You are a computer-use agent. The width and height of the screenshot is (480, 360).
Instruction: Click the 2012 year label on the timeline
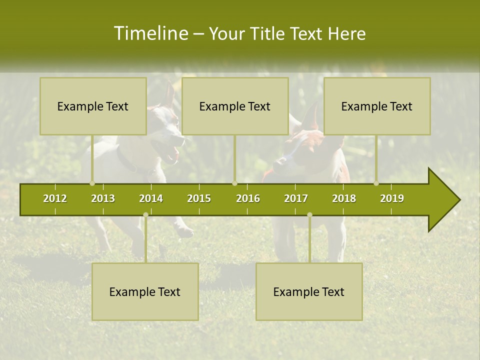click(55, 198)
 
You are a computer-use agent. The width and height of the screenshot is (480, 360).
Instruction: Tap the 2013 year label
click(103, 198)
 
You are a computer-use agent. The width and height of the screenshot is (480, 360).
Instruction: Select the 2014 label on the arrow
click(151, 198)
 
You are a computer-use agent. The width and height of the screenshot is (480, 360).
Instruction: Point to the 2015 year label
click(199, 198)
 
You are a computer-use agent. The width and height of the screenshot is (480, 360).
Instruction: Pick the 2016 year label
click(248, 198)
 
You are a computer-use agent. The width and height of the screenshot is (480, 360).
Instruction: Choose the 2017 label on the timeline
click(296, 198)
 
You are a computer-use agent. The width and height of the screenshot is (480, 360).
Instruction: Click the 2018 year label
click(344, 198)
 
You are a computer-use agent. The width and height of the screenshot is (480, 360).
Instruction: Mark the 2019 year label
click(392, 198)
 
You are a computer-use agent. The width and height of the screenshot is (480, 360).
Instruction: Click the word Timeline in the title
click(149, 33)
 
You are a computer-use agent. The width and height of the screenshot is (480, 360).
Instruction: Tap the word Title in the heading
click(268, 33)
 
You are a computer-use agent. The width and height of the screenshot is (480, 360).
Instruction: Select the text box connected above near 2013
click(93, 106)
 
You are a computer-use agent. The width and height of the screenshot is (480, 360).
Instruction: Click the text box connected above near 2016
click(235, 106)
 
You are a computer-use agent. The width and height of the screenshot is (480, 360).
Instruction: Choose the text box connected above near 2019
click(377, 106)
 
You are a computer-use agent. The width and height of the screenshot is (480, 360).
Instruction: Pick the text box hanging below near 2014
click(145, 291)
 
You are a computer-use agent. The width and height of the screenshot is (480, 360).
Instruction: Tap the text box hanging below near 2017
click(309, 291)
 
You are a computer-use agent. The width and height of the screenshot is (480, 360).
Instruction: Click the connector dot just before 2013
click(92, 183)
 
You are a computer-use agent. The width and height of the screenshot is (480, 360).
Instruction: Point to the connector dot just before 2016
click(234, 183)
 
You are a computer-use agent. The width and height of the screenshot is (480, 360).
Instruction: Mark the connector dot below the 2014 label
click(145, 214)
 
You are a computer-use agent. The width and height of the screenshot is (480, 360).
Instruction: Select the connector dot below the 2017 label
click(309, 214)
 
